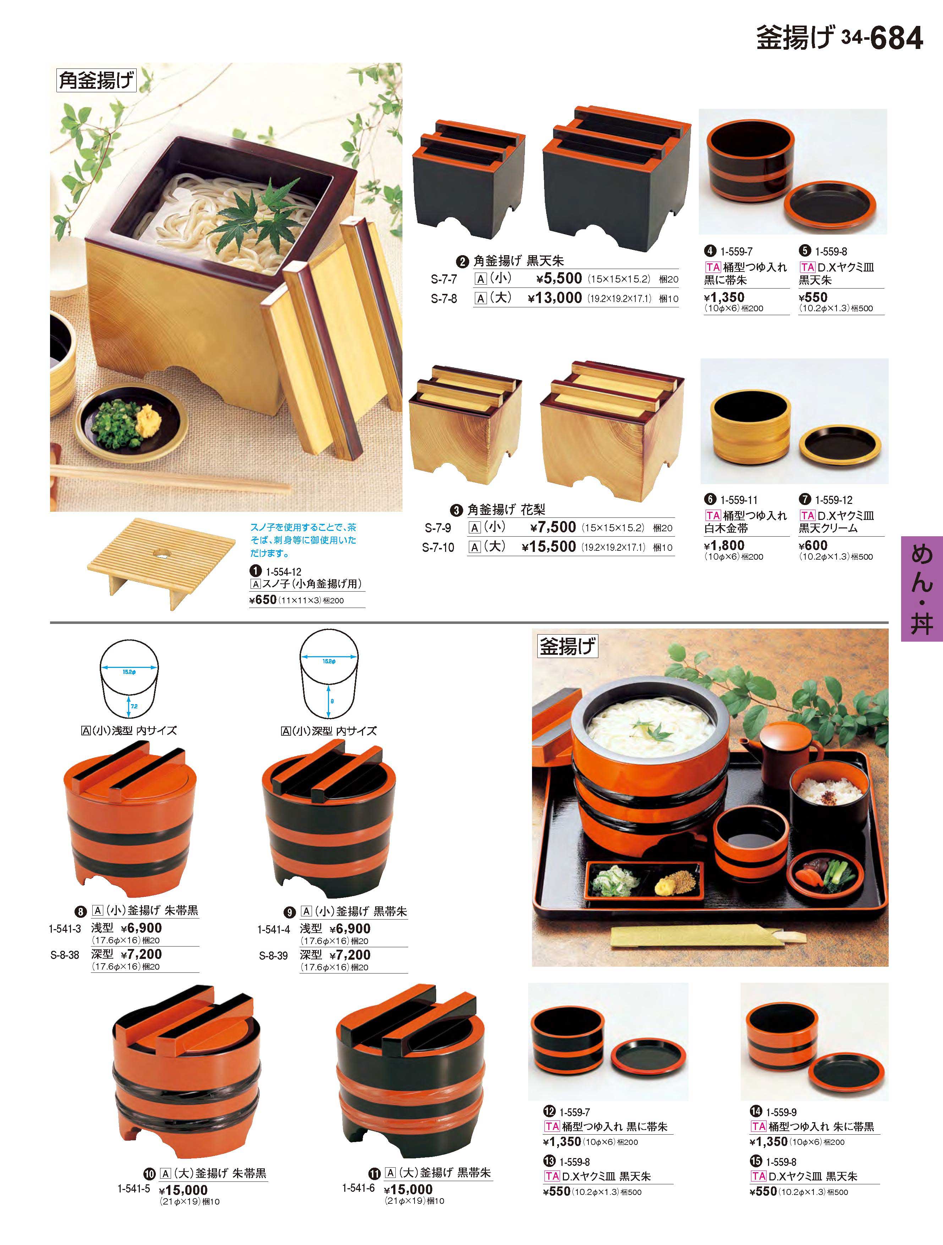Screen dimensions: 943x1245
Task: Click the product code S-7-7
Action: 444,279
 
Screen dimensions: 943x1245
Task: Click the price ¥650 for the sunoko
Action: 263,600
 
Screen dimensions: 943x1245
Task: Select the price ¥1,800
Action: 724,545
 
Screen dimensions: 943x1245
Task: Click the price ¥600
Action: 813,545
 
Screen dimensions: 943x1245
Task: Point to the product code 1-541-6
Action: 358,1188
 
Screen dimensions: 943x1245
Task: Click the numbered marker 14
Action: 756,1112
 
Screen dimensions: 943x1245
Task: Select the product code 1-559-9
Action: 782,1112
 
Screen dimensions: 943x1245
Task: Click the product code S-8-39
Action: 274,956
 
